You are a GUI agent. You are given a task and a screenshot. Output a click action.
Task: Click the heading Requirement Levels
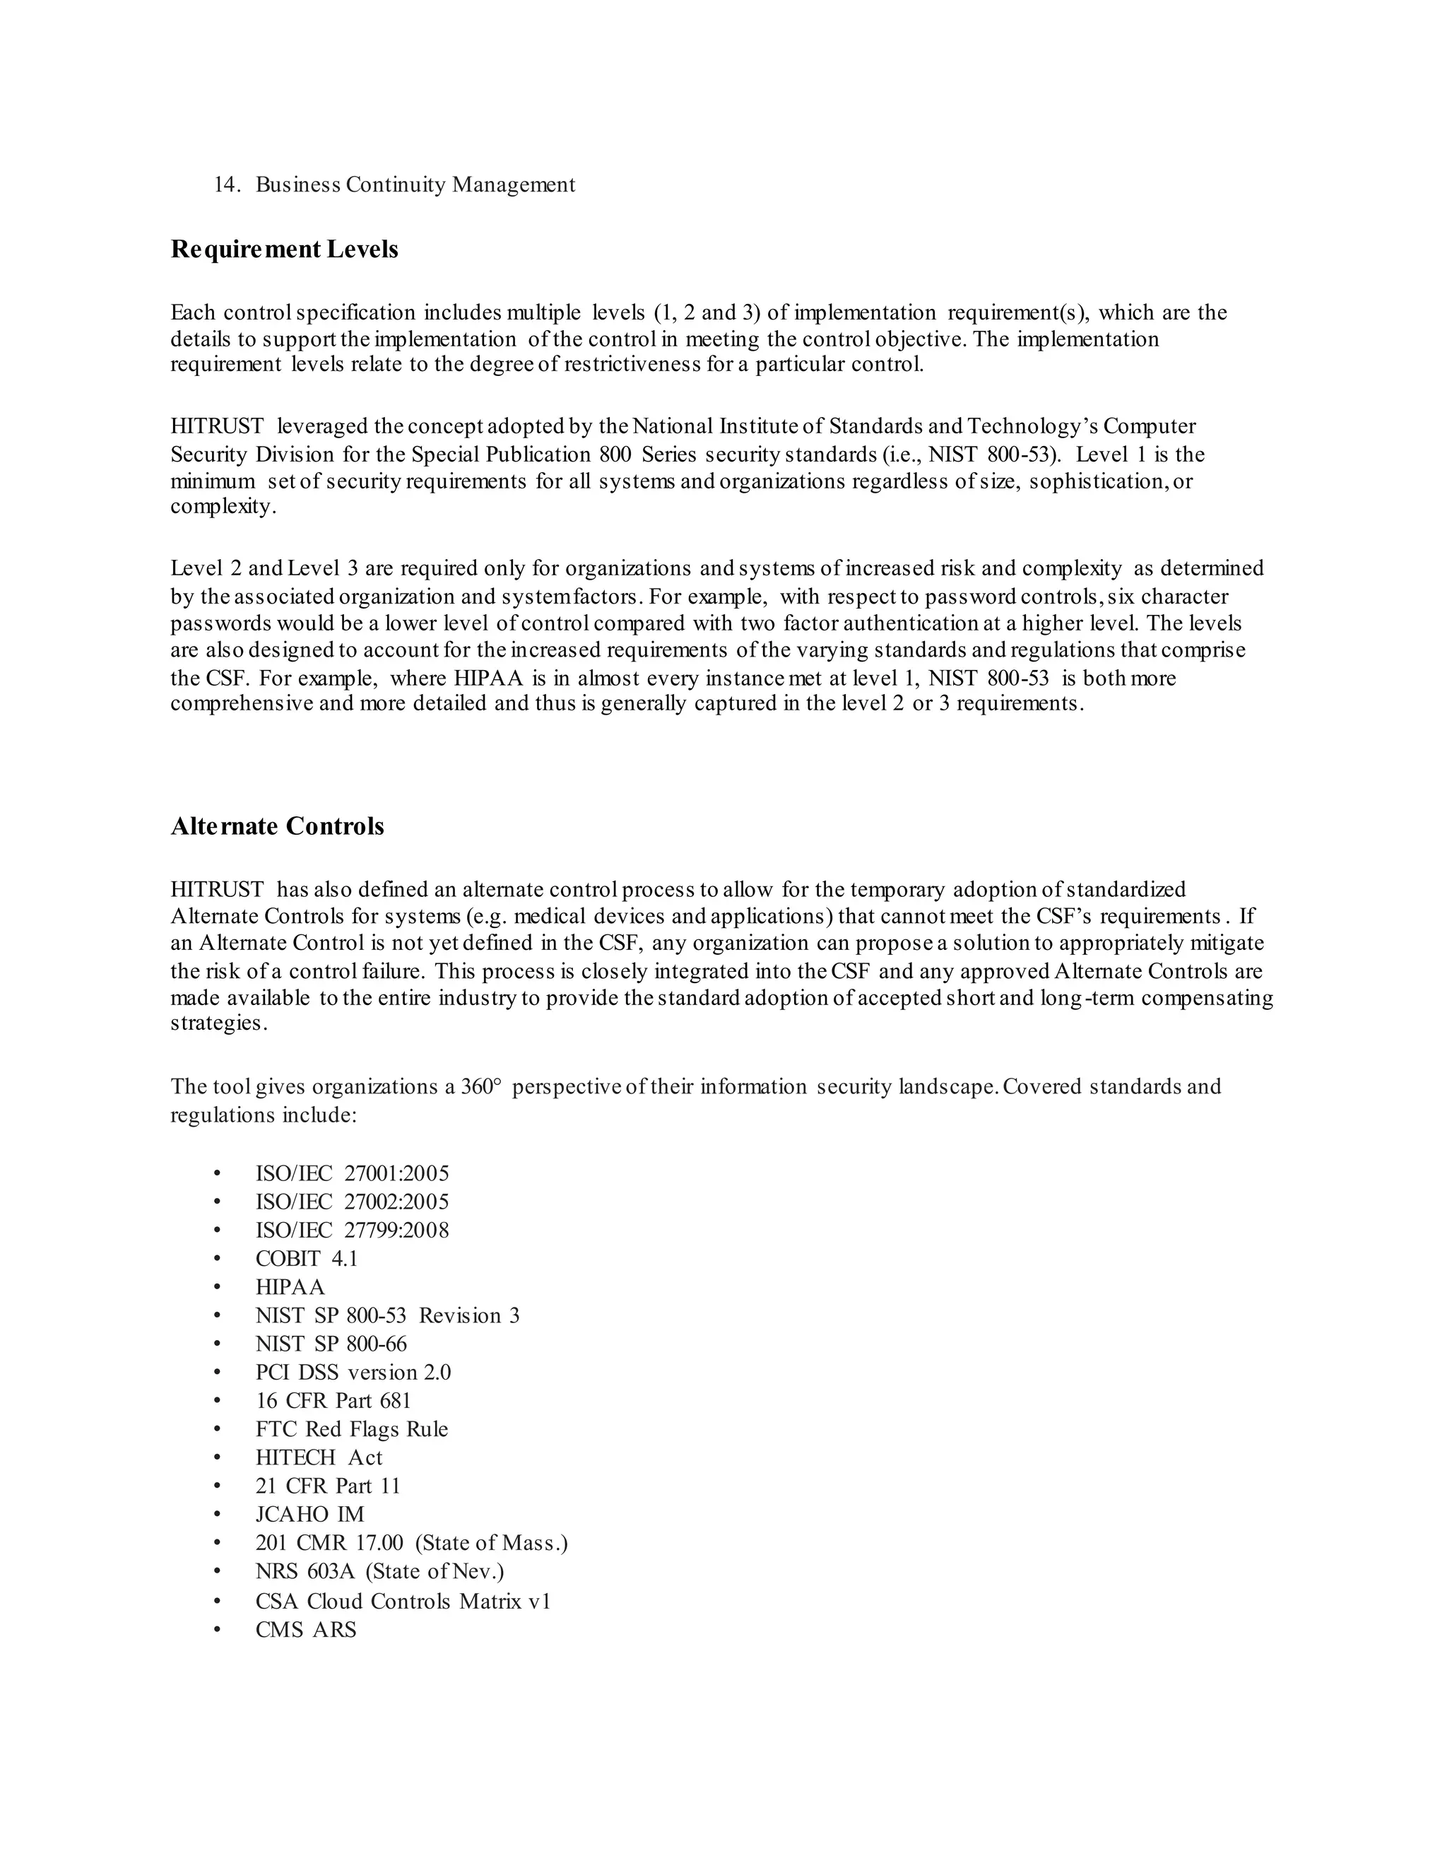tap(284, 249)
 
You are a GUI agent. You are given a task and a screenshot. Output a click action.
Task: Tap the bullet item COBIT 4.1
tap(306, 1258)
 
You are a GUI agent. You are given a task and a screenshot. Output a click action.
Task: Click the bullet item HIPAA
tap(290, 1286)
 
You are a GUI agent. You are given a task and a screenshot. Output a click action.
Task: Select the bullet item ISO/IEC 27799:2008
tap(351, 1230)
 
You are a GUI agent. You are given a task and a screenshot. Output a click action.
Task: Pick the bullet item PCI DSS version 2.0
tap(353, 1371)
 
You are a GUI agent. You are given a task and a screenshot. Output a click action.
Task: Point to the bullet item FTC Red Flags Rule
tap(351, 1428)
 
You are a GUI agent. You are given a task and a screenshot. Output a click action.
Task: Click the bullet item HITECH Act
tap(319, 1457)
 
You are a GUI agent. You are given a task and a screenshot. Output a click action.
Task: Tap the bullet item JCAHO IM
tap(309, 1514)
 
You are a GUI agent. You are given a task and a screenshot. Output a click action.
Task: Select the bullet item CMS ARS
tap(305, 1628)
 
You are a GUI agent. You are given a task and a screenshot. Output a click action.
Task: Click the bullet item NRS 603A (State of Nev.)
tap(379, 1571)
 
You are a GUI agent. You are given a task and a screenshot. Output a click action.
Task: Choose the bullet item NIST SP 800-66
tap(331, 1343)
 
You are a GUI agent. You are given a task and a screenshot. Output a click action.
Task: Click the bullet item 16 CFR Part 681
tap(333, 1400)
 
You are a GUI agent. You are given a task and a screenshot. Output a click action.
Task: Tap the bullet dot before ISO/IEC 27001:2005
tap(218, 1173)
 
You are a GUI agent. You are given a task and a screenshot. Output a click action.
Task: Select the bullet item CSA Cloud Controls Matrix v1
tap(403, 1600)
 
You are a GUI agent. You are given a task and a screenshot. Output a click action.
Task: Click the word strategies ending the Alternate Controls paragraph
tap(218, 1023)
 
